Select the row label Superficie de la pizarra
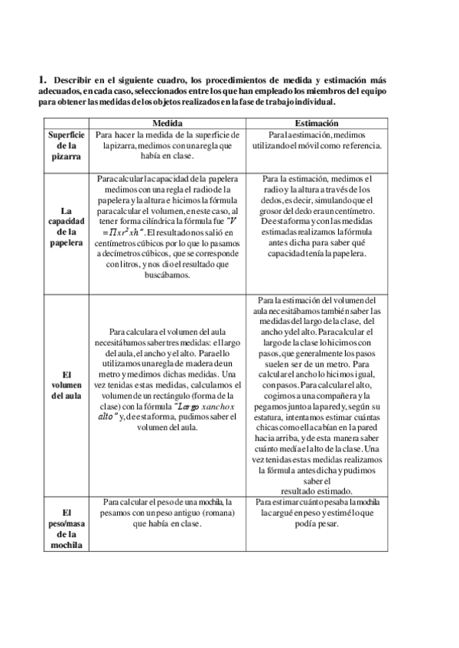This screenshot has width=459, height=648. tap(66, 145)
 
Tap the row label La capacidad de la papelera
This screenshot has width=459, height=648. tap(66, 226)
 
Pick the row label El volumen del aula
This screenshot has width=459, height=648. tap(66, 385)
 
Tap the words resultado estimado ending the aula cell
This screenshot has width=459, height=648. tap(317, 491)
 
